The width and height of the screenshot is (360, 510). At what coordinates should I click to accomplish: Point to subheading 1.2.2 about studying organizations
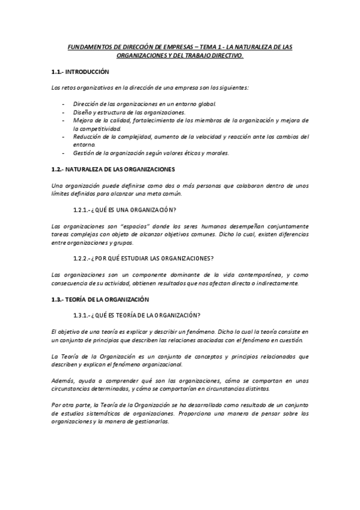pos(143,259)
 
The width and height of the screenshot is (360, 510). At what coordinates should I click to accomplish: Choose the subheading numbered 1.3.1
pos(136,315)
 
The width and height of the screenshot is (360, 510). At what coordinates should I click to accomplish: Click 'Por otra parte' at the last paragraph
pos(71,405)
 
